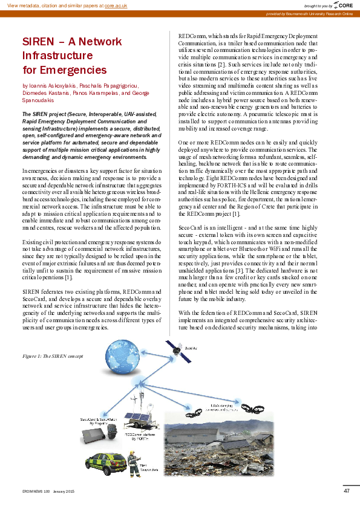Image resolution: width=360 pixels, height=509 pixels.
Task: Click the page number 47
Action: (x=346, y=491)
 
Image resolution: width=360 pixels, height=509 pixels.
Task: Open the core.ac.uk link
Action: (x=116, y=5)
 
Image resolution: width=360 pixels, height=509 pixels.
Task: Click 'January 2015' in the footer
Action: (x=63, y=491)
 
